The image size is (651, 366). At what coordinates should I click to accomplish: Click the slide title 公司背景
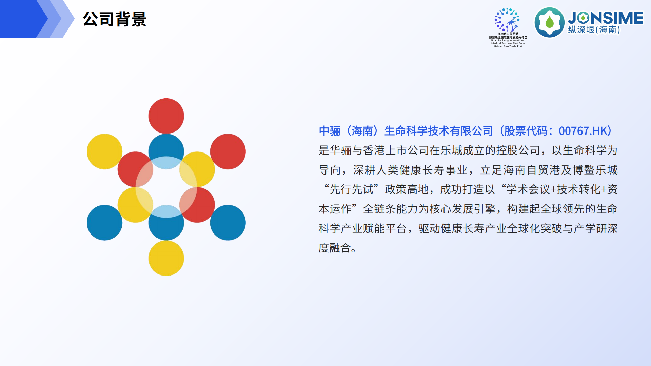click(115, 19)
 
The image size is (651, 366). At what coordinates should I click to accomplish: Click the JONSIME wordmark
click(606, 18)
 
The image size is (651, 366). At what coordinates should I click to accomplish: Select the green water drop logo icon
click(549, 22)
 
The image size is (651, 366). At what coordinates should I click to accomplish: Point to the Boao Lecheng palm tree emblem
click(507, 20)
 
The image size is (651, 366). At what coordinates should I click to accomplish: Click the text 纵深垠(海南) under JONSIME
click(594, 30)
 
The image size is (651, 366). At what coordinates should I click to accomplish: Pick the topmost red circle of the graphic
click(166, 116)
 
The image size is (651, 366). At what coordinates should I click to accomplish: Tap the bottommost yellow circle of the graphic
click(166, 258)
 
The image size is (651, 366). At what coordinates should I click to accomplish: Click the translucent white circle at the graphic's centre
click(166, 187)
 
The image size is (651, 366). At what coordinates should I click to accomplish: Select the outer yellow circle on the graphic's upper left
click(104, 151)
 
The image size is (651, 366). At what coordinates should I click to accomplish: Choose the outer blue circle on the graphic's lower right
click(228, 223)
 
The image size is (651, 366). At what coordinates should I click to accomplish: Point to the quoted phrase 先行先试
click(351, 189)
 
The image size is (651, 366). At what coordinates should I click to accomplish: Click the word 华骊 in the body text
click(341, 150)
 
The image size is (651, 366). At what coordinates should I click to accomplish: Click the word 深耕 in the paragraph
click(364, 170)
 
